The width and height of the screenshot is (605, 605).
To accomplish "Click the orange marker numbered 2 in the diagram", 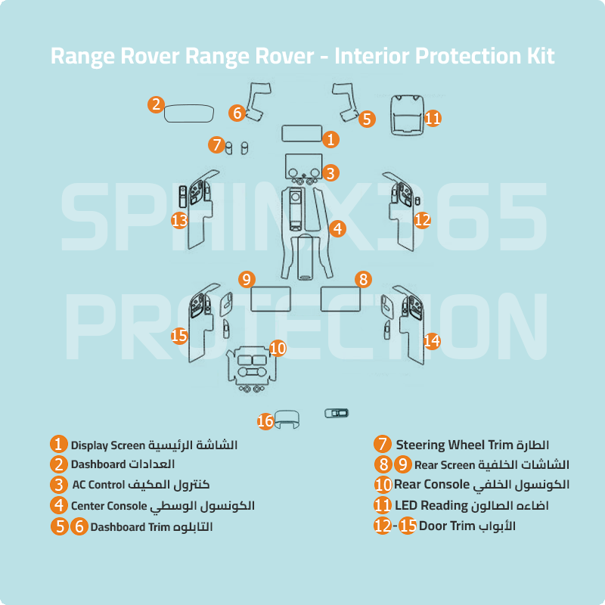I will click(156, 105).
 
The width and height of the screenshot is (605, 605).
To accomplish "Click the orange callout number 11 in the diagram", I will click(433, 118).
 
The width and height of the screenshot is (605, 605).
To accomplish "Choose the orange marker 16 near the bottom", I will click(265, 421).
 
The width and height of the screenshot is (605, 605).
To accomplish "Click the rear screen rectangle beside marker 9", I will click(271, 299).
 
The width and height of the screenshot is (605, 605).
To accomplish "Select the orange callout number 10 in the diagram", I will click(278, 348).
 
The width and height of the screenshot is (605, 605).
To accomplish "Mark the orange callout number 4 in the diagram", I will click(337, 227).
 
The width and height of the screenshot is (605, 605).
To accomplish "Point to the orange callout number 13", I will click(179, 220).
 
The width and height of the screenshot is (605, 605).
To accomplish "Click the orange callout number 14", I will click(431, 341).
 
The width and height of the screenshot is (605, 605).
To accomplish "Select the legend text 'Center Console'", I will click(109, 505).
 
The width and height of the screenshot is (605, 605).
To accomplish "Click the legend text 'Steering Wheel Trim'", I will click(455, 444).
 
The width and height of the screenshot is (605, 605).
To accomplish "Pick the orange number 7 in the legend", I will click(383, 445).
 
